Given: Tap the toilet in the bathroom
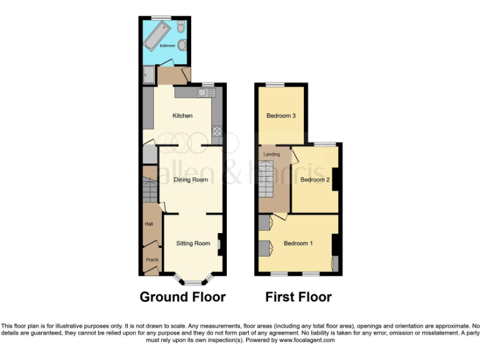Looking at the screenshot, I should pyautogui.click(x=181, y=27).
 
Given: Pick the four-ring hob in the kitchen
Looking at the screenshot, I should pyautogui.click(x=217, y=132).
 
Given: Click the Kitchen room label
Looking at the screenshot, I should pyautogui.click(x=182, y=116).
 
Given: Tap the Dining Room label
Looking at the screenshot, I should pyautogui.click(x=191, y=180).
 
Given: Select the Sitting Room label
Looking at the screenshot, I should pyautogui.click(x=192, y=243).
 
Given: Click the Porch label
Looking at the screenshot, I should pyautogui.click(x=151, y=259).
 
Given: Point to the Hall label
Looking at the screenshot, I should pyautogui.click(x=149, y=224).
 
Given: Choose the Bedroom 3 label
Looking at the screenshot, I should pyautogui.click(x=281, y=116).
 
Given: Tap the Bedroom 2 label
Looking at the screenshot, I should pyautogui.click(x=314, y=180).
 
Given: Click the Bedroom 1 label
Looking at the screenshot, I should pyautogui.click(x=297, y=243).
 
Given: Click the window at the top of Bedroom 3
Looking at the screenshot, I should pyautogui.click(x=275, y=84).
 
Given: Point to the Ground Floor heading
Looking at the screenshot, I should pyautogui.click(x=182, y=296).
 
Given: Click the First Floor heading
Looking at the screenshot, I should pyautogui.click(x=298, y=296).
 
